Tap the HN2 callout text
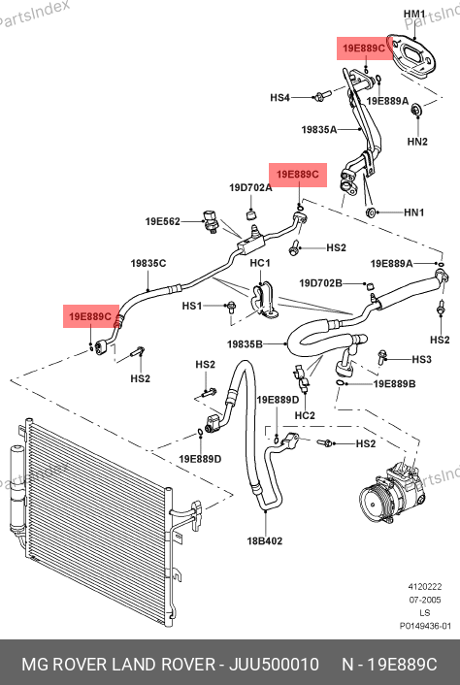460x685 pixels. (417, 141)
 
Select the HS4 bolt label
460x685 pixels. (280, 97)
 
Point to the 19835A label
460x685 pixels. (319, 129)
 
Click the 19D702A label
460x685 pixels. (250, 188)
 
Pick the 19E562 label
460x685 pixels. (162, 222)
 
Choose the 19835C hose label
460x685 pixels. (148, 264)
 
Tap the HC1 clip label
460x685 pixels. (260, 263)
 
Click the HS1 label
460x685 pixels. (192, 306)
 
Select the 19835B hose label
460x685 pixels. (245, 344)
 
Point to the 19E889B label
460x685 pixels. (394, 384)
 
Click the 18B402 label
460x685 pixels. (265, 540)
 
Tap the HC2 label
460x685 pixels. (305, 415)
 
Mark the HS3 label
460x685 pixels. (422, 359)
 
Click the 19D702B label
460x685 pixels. (320, 283)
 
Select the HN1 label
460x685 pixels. (414, 212)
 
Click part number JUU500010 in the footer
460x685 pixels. (274, 665)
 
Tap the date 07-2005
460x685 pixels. (418, 600)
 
